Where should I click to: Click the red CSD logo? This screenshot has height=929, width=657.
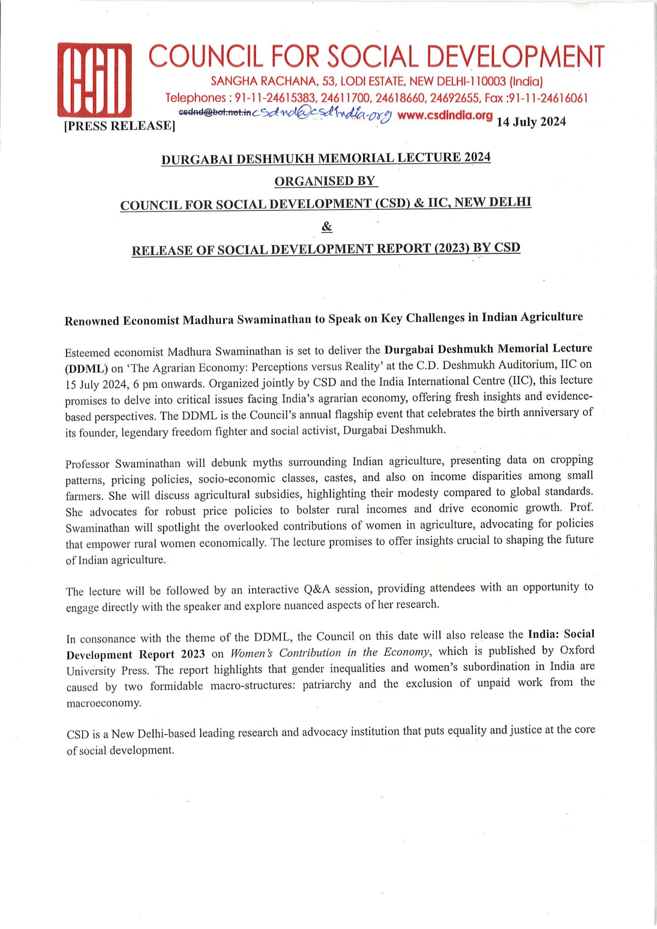pos(94,79)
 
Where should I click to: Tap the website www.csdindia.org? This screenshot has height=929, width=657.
pos(445,115)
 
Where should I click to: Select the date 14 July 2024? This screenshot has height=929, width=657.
pos(531,122)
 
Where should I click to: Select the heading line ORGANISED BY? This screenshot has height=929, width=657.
pos(326,181)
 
